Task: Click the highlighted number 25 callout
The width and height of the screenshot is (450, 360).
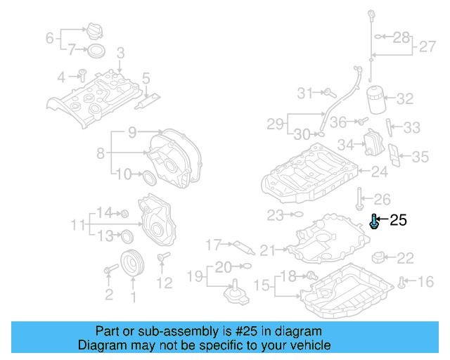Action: coord(398,221)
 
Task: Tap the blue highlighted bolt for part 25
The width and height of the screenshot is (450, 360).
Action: coord(375,223)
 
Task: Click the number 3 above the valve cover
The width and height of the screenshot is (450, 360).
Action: coord(120,53)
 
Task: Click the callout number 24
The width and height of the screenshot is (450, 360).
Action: coord(379,171)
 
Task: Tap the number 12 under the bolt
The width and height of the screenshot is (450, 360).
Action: coord(164,283)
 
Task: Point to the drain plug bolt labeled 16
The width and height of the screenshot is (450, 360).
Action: coord(401,282)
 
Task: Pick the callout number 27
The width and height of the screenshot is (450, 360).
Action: coord(427,48)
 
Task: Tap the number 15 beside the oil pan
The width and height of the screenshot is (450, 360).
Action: coord(261,285)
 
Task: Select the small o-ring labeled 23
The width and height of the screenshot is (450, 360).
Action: coord(297,214)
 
